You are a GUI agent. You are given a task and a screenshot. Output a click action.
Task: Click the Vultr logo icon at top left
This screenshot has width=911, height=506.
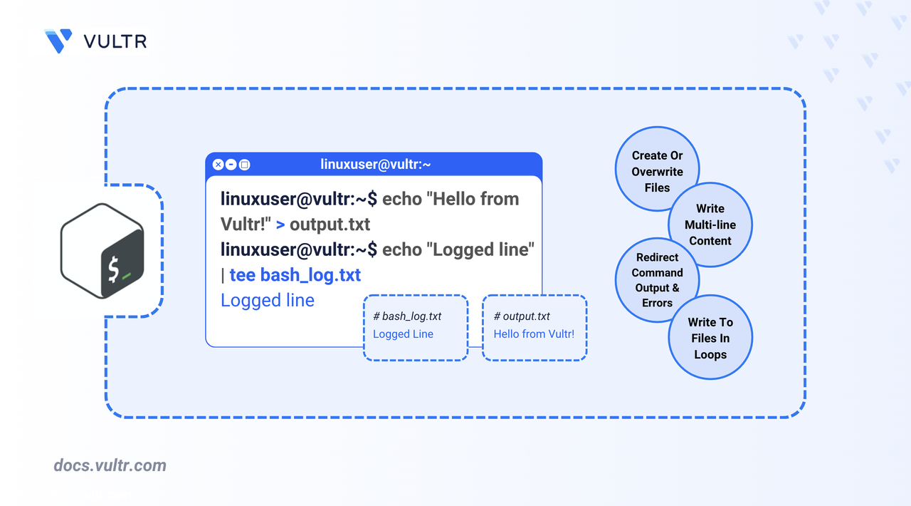pos(58,41)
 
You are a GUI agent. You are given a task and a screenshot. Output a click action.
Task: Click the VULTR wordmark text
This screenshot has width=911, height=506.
pos(115,41)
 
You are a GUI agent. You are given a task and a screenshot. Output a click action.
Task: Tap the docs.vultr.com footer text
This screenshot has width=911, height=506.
pos(110,466)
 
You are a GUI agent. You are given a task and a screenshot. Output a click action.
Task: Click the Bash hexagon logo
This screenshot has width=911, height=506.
pos(102,250)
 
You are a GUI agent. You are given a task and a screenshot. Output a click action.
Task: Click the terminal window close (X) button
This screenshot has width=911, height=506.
pos(218,165)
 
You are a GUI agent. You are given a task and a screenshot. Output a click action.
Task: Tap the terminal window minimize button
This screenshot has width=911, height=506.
pos(231,165)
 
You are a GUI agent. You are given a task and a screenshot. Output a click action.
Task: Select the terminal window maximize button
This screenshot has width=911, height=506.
pos(244,165)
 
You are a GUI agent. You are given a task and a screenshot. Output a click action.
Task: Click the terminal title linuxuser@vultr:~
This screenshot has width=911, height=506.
pos(376,165)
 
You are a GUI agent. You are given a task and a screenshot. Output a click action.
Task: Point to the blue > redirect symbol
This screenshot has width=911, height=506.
pos(280,224)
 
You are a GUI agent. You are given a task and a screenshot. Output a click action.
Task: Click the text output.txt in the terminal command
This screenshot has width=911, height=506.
pos(330,224)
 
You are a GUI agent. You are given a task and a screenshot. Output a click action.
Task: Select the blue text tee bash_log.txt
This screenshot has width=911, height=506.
pos(295,275)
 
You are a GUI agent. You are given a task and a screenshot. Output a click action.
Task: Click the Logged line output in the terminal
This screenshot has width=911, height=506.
pos(268,300)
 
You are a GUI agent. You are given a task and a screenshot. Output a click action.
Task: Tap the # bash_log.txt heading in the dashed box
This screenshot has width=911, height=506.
pos(407,316)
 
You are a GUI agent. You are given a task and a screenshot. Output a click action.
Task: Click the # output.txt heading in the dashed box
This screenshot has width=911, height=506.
pos(522,316)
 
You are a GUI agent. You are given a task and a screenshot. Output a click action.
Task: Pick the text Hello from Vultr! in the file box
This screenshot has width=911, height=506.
pos(534,334)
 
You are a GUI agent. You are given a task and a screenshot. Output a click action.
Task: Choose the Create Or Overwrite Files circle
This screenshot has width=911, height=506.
pos(657,170)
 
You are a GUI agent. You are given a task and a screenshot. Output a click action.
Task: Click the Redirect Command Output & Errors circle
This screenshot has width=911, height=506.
pos(657,280)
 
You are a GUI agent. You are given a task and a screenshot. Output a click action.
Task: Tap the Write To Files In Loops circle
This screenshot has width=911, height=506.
pos(710,338)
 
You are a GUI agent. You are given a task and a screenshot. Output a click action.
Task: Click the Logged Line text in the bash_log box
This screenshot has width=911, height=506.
pos(403,334)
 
